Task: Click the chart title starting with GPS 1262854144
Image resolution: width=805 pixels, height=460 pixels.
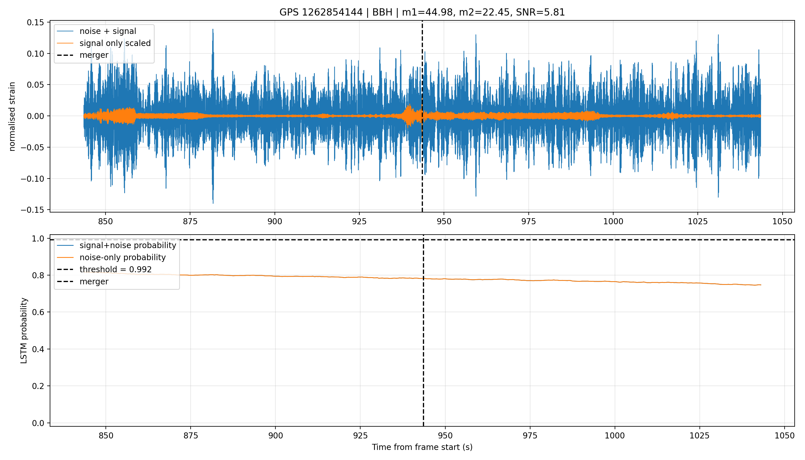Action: pyautogui.click(x=422, y=12)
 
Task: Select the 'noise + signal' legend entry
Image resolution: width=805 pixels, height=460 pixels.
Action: pyautogui.click(x=108, y=31)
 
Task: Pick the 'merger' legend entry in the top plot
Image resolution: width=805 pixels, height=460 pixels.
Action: pyautogui.click(x=94, y=55)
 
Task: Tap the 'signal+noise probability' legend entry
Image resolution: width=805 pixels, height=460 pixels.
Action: pyautogui.click(x=128, y=246)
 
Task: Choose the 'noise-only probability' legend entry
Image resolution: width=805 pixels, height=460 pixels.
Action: pyautogui.click(x=122, y=258)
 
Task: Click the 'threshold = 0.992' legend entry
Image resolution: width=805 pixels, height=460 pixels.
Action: pyautogui.click(x=116, y=269)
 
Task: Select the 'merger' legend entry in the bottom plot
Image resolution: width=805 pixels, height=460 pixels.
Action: pyautogui.click(x=94, y=281)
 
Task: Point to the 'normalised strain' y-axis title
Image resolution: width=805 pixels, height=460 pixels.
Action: pyautogui.click(x=12, y=116)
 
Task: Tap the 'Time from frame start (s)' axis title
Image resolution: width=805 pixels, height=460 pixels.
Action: pyautogui.click(x=422, y=447)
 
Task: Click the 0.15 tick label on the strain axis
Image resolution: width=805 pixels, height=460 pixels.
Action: pyautogui.click(x=36, y=23)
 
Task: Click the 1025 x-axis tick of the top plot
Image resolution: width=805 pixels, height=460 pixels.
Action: pyautogui.click(x=697, y=222)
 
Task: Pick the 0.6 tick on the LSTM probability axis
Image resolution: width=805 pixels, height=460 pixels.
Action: pyautogui.click(x=38, y=313)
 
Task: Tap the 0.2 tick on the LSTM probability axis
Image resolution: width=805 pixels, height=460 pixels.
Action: pyautogui.click(x=38, y=386)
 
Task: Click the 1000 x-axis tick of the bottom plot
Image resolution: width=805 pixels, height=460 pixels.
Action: pyautogui.click(x=614, y=436)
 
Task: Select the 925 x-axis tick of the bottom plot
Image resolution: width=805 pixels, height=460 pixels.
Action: pyautogui.click(x=360, y=436)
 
